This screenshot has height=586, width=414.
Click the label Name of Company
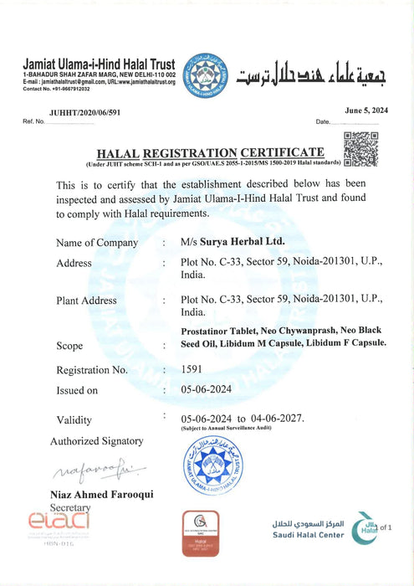97,243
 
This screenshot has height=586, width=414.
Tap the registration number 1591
193,369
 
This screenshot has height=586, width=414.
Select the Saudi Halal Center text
307,535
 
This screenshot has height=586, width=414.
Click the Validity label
74,419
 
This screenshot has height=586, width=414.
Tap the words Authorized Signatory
97,441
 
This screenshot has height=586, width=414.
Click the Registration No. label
92,370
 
